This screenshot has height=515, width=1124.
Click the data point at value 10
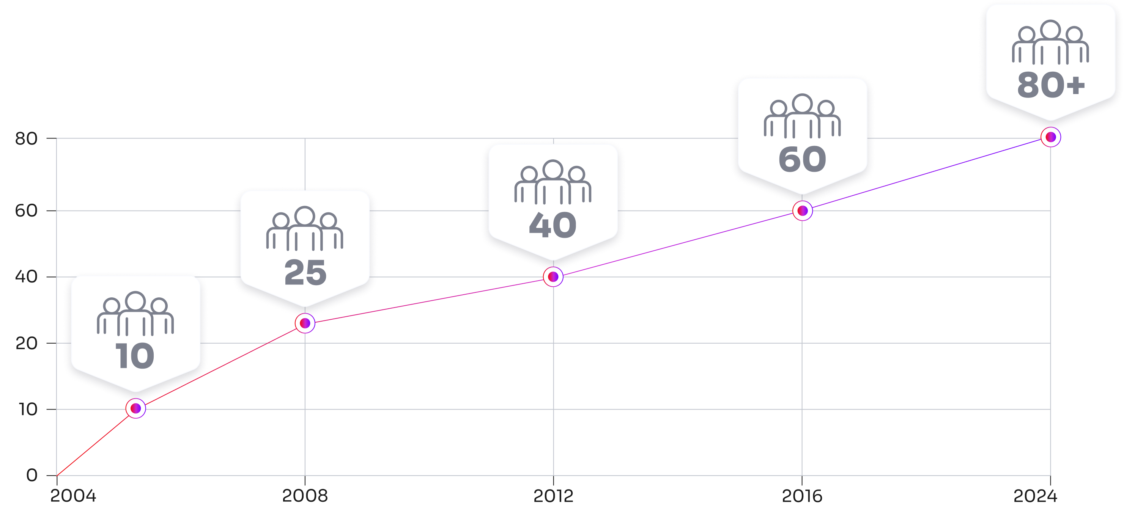click(x=136, y=408)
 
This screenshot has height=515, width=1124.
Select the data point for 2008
click(x=305, y=323)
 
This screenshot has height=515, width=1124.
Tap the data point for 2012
click(x=553, y=276)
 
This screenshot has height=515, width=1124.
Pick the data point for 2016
click(x=803, y=210)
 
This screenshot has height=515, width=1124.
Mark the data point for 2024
click(x=1051, y=137)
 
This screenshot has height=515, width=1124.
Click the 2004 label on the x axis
click(x=73, y=495)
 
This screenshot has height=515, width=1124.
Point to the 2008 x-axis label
click(x=305, y=495)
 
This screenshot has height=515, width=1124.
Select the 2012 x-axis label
click(x=553, y=495)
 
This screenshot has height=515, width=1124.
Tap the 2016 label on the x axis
click(x=802, y=495)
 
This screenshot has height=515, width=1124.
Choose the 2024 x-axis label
click(x=1035, y=495)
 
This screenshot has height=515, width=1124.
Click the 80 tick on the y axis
click(x=26, y=139)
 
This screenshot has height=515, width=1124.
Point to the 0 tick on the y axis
click(x=32, y=475)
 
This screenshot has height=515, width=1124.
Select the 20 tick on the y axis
click(x=26, y=343)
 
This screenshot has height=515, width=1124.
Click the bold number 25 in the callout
click(x=305, y=273)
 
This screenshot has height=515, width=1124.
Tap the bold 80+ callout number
click(x=1051, y=85)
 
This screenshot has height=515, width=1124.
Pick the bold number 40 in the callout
click(x=553, y=225)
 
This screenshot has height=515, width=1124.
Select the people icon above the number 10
click(x=135, y=313)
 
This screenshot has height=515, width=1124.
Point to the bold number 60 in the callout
click(x=802, y=159)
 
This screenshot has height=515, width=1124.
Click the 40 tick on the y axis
click(x=26, y=276)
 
